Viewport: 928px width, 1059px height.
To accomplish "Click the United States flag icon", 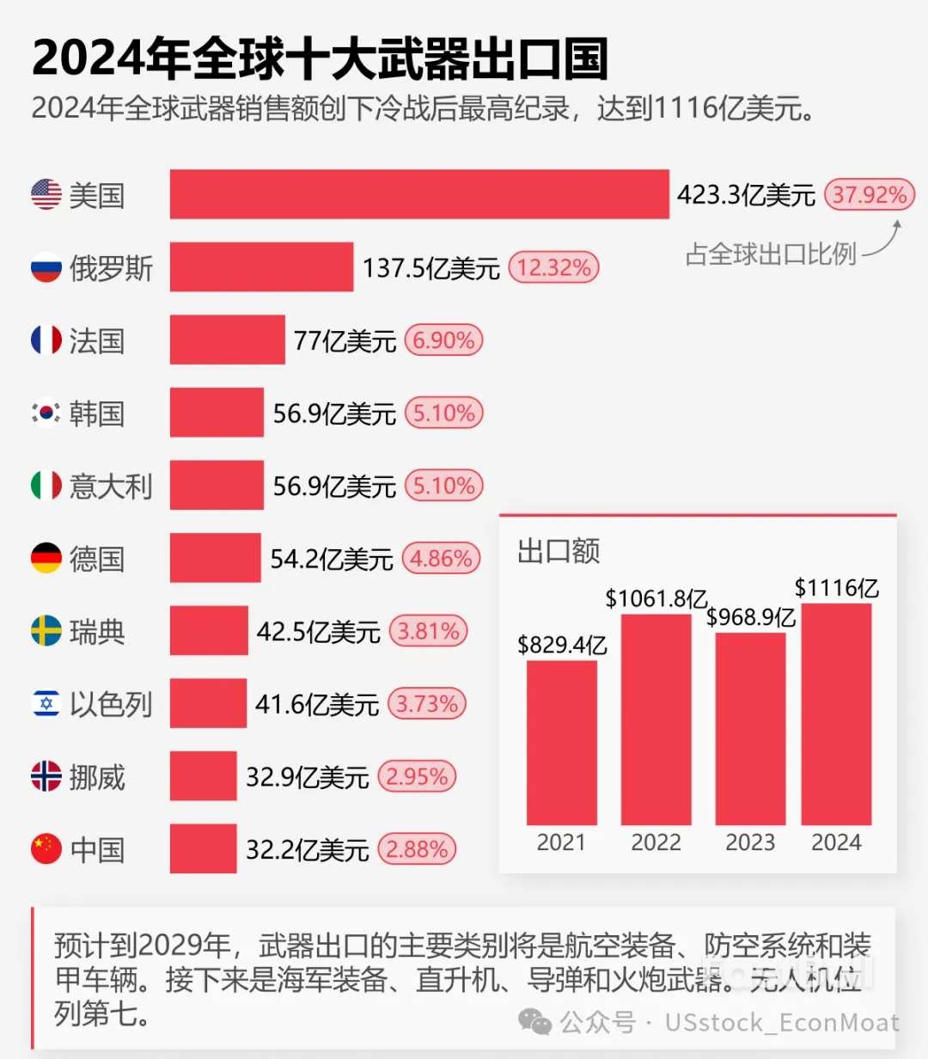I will (46, 194).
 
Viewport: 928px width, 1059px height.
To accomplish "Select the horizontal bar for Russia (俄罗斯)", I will (261, 267).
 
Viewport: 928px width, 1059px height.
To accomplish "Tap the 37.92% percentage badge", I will (869, 194).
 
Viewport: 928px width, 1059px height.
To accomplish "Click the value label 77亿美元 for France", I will (345, 340).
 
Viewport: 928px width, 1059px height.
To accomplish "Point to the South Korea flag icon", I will (46, 413).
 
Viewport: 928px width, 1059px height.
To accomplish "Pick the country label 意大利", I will (111, 487).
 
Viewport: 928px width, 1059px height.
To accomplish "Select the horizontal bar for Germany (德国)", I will (215, 558).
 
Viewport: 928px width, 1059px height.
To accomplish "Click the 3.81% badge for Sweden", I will (428, 632).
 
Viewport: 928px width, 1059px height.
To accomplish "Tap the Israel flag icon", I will (46, 704).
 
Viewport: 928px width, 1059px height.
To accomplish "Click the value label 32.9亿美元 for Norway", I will (307, 777).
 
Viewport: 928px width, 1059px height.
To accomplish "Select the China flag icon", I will (46, 849).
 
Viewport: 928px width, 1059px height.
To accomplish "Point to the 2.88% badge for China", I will (417, 849).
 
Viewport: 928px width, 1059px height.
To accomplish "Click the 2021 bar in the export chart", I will (561, 743).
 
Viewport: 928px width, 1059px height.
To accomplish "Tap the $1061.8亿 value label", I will (656, 598).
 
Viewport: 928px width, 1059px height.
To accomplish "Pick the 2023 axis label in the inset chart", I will (750, 842).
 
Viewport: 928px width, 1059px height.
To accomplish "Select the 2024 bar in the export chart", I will (836, 713).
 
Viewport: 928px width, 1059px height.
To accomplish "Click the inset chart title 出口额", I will (559, 551).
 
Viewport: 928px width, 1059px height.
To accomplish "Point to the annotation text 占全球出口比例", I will (771, 254).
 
